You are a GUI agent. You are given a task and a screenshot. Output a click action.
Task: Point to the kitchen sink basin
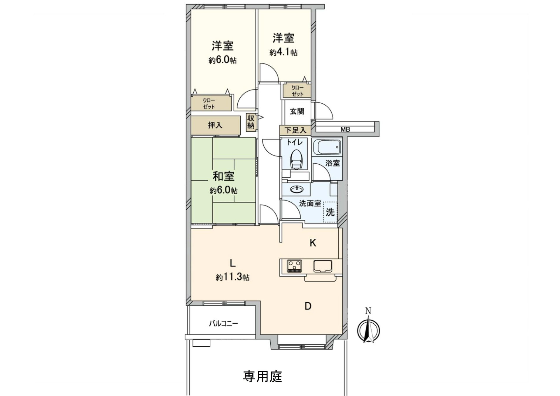[323, 266]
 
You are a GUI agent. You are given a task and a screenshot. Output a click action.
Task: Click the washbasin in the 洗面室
[297, 189]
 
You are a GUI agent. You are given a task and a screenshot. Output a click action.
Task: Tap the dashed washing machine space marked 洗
[330, 212]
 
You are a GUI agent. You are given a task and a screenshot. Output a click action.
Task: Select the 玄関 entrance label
[297, 111]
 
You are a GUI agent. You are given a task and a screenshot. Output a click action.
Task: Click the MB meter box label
[345, 129]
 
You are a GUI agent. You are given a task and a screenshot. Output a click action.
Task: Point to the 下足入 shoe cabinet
[295, 130]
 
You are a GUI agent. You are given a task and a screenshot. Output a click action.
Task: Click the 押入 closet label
[215, 125]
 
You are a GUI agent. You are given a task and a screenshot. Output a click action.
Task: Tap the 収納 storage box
[251, 122]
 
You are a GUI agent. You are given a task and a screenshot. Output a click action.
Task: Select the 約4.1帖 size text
[283, 53]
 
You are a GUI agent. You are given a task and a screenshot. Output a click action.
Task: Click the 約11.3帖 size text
[232, 277]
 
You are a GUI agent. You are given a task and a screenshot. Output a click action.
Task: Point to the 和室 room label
[223, 176]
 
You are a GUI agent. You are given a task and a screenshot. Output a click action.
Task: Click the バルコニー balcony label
[223, 324]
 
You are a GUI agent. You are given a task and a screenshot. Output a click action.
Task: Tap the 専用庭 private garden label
[262, 376]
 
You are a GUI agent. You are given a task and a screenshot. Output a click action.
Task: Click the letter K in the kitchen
[313, 243]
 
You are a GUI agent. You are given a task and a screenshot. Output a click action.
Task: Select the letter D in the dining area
[308, 306]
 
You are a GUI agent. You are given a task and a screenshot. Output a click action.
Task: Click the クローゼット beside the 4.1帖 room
[297, 91]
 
